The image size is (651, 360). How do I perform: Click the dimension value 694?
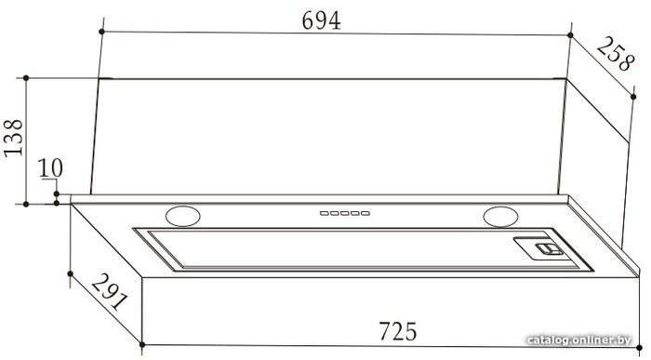click(x=322, y=20)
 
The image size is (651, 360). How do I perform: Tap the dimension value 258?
click(x=616, y=54)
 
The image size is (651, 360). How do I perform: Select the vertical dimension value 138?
click(x=13, y=138)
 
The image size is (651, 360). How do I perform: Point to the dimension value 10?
click(x=50, y=168)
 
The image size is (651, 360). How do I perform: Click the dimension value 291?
click(x=110, y=291)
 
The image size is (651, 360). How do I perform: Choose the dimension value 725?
click(x=397, y=331)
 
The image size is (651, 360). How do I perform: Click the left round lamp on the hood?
click(x=182, y=217)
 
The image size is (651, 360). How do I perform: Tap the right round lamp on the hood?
click(x=500, y=217)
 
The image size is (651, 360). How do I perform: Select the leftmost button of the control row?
click(x=325, y=213)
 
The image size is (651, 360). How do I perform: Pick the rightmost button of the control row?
click(x=365, y=213)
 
